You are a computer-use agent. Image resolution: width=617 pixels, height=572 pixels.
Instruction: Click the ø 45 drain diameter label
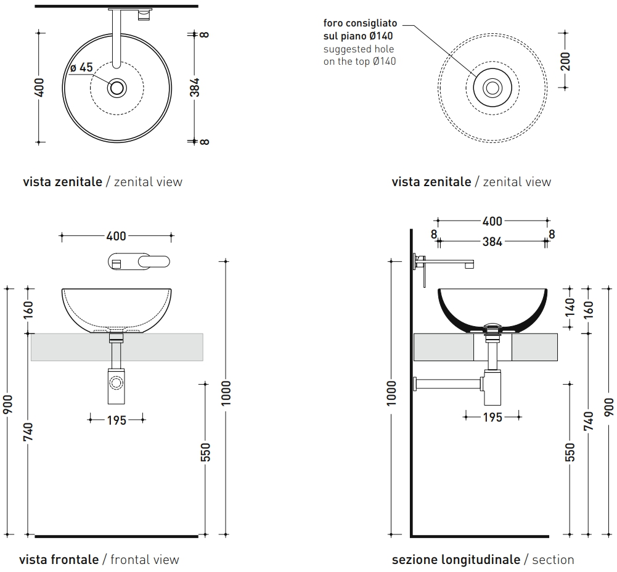pos(81,67)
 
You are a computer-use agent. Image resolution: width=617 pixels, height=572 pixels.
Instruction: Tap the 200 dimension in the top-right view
pos(565,61)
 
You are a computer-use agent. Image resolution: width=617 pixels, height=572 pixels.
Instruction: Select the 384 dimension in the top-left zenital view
pos(195,88)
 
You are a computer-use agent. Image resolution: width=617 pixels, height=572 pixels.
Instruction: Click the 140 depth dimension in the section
pos(570,307)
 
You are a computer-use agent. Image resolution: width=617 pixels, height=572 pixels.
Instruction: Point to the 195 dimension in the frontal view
pos(116,420)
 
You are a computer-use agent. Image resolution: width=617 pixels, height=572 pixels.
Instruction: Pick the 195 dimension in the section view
pos(492,417)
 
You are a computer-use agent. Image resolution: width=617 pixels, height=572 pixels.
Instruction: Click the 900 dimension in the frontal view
pos(8,404)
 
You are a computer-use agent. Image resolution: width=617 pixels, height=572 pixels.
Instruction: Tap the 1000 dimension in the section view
pos(391,393)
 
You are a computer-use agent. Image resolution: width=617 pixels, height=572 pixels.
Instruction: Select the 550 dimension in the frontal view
pos(205,452)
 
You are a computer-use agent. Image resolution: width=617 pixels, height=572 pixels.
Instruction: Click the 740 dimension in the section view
pos(588,420)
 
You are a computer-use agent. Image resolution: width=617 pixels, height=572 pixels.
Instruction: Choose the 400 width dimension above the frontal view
pos(116,236)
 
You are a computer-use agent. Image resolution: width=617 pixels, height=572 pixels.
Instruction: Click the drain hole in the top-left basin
pos(117,88)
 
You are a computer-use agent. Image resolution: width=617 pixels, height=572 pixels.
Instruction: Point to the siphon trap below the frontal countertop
pos(116,386)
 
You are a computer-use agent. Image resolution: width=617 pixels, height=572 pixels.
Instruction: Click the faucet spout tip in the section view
pos(469,265)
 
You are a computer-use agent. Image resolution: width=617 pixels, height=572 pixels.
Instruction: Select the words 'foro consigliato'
pos(360,23)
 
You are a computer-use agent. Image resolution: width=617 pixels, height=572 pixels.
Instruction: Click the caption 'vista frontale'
pos(59,560)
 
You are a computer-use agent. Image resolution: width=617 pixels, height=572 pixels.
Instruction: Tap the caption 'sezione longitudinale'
pos(456,560)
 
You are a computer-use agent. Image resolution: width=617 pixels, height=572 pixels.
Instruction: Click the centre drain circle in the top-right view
pos(492,88)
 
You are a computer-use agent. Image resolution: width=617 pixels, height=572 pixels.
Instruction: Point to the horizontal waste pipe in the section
pos(447,383)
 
